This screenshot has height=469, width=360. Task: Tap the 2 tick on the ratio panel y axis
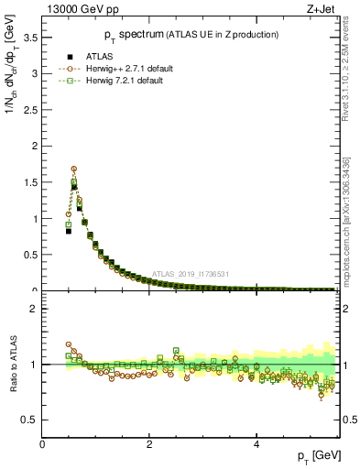(x=34, y=309)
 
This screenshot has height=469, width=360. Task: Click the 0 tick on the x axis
(x=42, y=444)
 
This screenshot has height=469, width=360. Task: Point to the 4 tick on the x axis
(x=256, y=444)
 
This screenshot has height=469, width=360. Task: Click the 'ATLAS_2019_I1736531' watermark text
(x=191, y=273)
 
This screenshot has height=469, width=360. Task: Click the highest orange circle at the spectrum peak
(x=73, y=169)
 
